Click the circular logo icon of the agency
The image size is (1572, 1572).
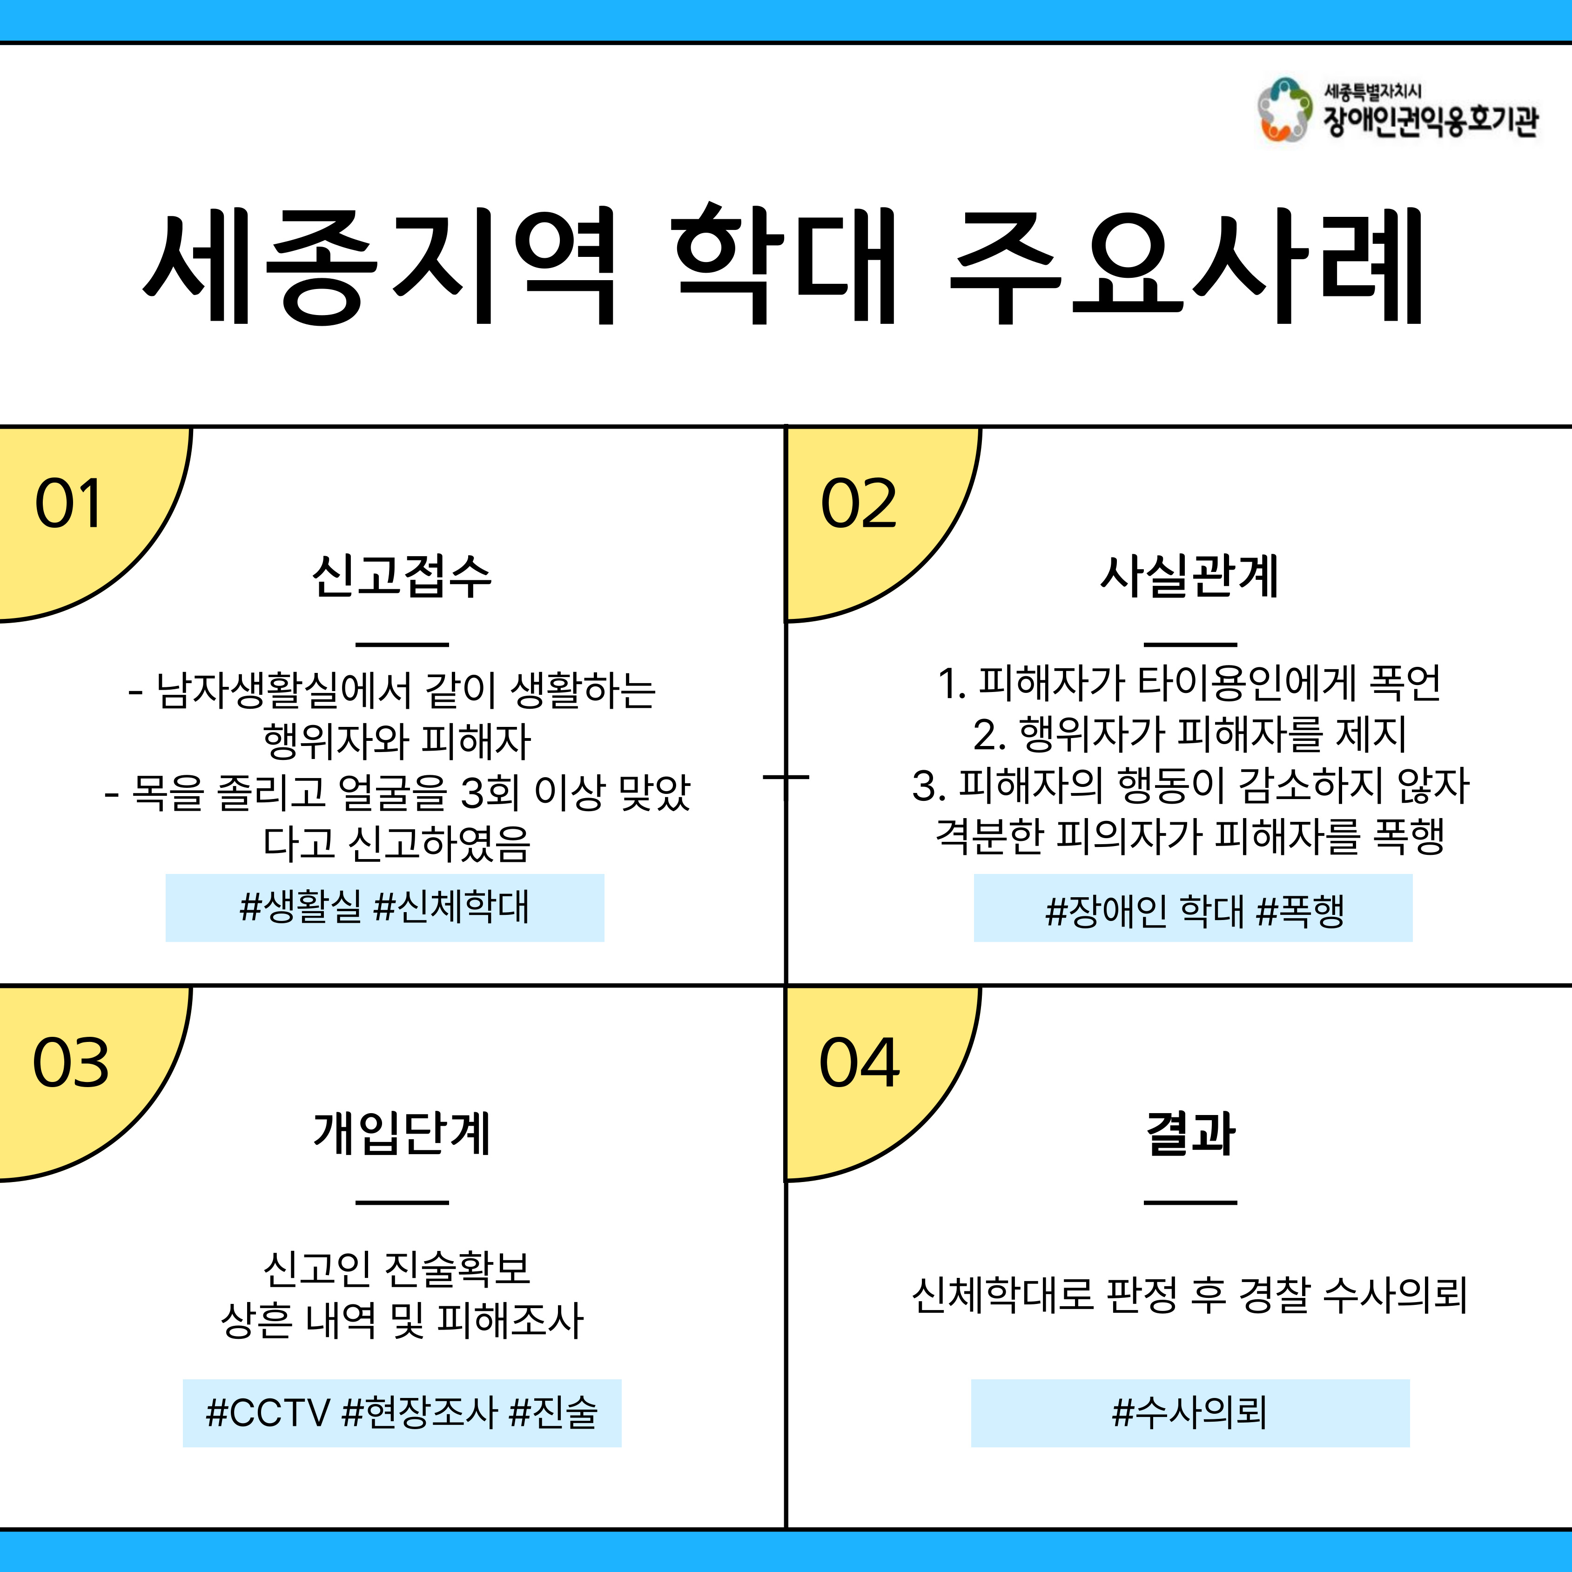pyautogui.click(x=1284, y=110)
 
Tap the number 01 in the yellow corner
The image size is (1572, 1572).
pyautogui.click(x=68, y=504)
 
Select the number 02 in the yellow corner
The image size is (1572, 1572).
pyautogui.click(x=859, y=504)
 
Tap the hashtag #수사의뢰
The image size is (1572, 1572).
pyautogui.click(x=1189, y=1412)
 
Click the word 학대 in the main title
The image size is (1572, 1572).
pyautogui.click(x=784, y=264)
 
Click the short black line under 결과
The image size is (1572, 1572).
pyautogui.click(x=1190, y=1202)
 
